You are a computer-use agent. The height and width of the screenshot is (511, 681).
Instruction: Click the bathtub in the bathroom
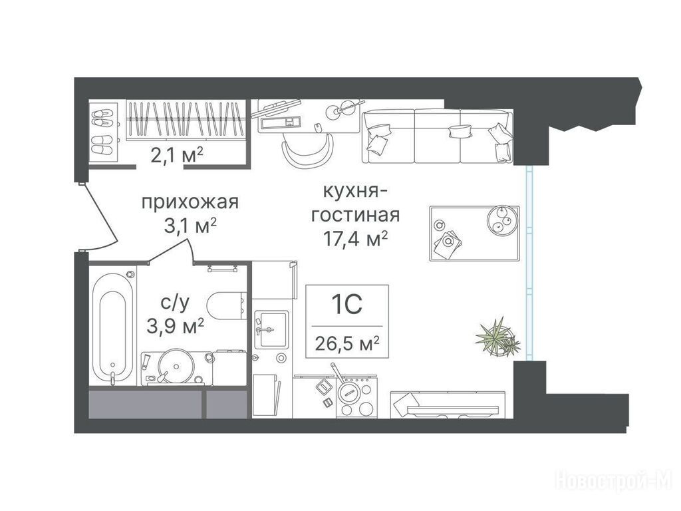[x=113, y=326]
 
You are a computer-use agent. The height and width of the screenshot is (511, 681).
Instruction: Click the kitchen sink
[x=271, y=329]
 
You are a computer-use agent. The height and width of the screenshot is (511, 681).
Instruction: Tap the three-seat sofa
[x=438, y=136]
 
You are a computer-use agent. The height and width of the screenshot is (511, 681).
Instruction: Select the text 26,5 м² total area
[x=347, y=344]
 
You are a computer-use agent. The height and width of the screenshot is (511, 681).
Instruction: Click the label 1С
[x=347, y=305]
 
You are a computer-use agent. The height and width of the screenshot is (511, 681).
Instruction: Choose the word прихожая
[x=190, y=202]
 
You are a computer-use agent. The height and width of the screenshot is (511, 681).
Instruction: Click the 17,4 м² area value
[x=355, y=239]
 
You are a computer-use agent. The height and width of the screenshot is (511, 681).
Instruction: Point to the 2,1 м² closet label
[x=177, y=154]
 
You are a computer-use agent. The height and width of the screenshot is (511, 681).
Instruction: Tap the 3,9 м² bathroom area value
[x=176, y=326]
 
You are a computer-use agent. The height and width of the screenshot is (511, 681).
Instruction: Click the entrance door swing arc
[x=103, y=218]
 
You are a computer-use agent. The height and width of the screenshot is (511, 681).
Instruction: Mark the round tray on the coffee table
[x=503, y=220]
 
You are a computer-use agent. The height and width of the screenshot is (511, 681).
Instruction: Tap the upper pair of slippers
[x=103, y=117]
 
